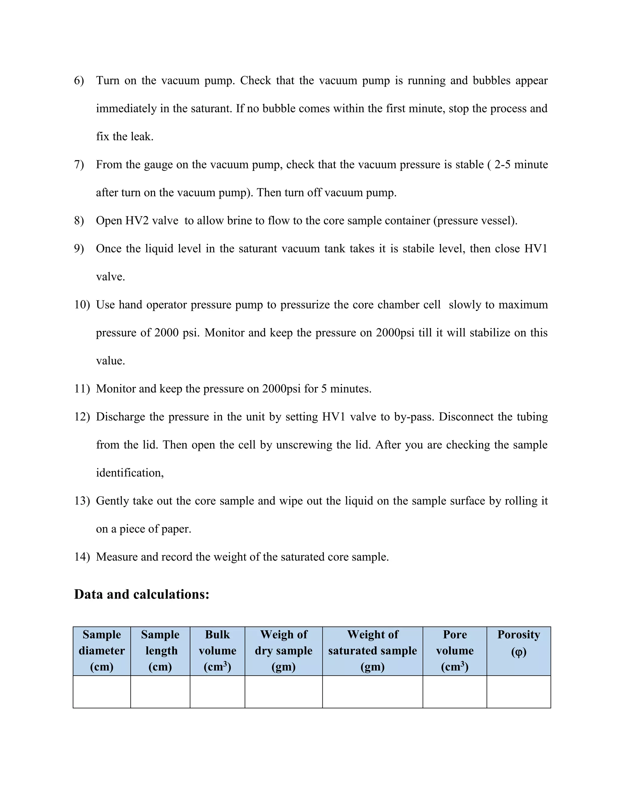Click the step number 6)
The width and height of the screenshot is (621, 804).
point(79,81)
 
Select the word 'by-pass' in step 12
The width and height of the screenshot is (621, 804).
point(414,417)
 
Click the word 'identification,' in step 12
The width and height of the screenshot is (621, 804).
point(130,473)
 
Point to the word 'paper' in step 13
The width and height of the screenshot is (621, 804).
point(176,529)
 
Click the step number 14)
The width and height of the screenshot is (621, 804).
point(82,557)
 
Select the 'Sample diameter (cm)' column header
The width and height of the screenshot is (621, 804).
point(102,651)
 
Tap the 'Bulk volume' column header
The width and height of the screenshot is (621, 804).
point(217,651)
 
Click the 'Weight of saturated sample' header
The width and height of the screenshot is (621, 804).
point(372,651)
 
